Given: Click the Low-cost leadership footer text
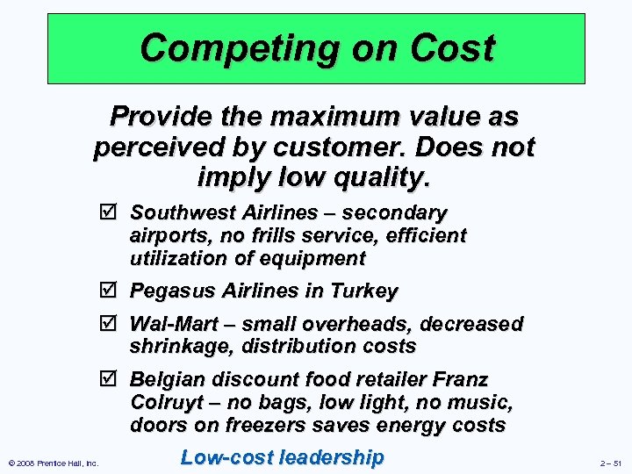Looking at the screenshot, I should pos(282,457).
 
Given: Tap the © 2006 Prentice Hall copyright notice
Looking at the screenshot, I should pos(52,463).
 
